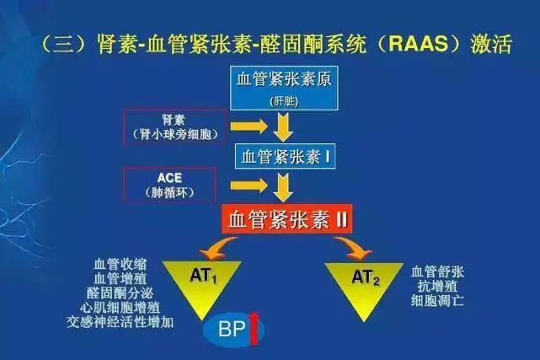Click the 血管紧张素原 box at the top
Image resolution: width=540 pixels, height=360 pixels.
[x=284, y=89]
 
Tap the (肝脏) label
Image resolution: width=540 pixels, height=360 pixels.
[x=285, y=101]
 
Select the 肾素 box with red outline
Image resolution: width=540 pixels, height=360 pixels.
[x=175, y=126]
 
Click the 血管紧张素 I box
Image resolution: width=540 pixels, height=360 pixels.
[x=285, y=156]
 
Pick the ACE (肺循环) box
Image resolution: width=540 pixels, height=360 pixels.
[x=169, y=185]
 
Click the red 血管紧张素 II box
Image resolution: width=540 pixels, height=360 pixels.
[x=287, y=219]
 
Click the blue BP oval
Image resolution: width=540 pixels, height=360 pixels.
[x=233, y=330]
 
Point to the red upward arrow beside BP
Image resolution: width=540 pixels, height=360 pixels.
[x=254, y=328]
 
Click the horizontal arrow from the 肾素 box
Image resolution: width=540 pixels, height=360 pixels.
[x=249, y=126]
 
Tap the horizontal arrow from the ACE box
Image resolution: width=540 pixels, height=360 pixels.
[x=249, y=185]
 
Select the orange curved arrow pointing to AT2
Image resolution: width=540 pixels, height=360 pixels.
[x=353, y=247]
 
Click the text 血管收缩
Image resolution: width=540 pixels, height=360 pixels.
[x=120, y=265]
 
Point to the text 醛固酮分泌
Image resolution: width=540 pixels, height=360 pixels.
[x=120, y=293]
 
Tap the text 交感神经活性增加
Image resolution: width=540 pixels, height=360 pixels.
[x=120, y=322]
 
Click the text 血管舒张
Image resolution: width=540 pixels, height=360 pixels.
[x=437, y=271]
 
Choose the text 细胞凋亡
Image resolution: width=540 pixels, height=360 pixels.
[x=437, y=301]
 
